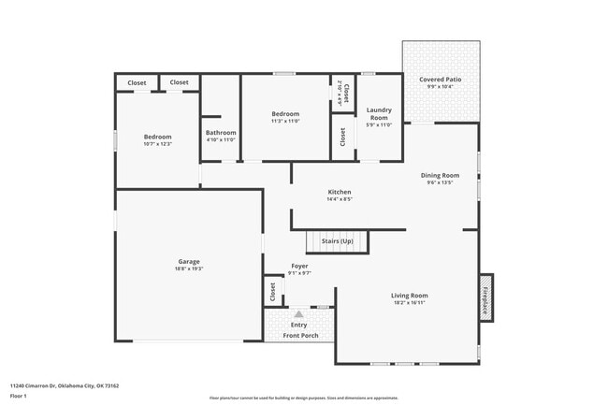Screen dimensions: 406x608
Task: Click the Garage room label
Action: (x=189, y=261)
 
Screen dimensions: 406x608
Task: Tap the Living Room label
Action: (x=409, y=296)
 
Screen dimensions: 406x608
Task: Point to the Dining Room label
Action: (x=440, y=175)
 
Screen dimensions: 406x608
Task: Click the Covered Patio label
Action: (x=440, y=80)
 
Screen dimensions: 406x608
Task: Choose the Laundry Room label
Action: (x=379, y=113)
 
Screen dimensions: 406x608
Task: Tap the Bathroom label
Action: (x=221, y=132)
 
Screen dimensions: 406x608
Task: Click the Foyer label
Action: (x=299, y=266)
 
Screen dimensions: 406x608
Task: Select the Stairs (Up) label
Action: (x=337, y=241)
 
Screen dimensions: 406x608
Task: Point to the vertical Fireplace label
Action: (x=485, y=297)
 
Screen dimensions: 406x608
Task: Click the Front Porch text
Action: (x=299, y=335)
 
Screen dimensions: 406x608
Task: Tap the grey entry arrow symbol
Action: (x=299, y=314)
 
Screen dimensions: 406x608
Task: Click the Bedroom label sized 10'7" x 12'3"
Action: (x=157, y=137)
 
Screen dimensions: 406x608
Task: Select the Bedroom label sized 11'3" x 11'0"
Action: (x=285, y=113)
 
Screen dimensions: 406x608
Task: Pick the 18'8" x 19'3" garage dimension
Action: (x=189, y=268)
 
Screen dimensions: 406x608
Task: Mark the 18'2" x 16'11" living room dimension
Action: (x=409, y=303)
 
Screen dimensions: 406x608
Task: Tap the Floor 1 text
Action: (x=20, y=395)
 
